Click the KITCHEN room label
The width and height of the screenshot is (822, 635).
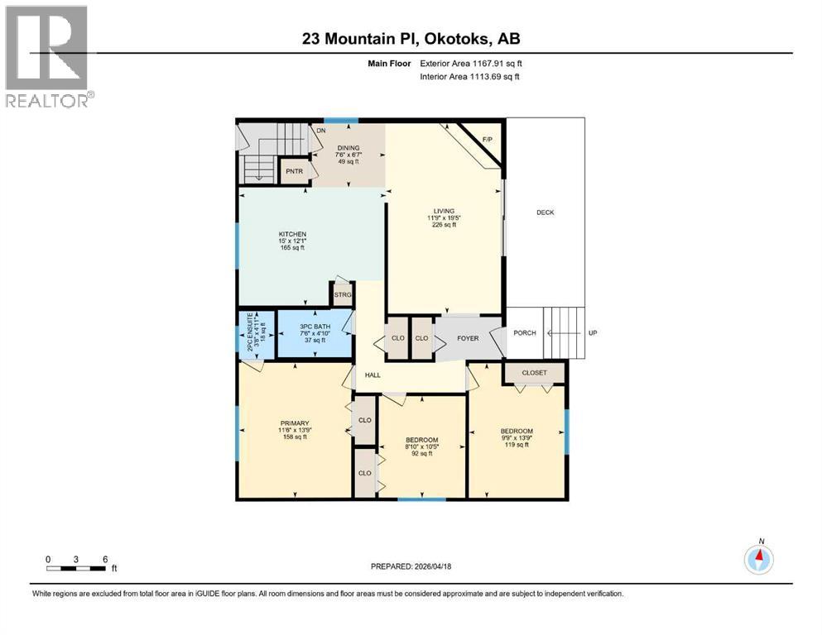click(x=292, y=234)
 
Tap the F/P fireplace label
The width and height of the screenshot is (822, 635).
click(x=488, y=138)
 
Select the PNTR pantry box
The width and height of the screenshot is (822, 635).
click(x=293, y=171)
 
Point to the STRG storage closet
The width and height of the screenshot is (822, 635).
click(x=343, y=294)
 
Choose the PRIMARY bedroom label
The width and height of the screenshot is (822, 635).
click(x=293, y=423)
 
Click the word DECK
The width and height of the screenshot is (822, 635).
click(x=545, y=212)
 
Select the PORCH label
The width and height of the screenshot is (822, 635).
click(x=525, y=333)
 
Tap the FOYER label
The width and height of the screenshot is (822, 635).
click(x=469, y=338)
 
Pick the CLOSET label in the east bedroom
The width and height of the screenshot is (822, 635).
click(x=534, y=373)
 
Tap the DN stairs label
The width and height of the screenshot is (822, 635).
click(x=320, y=131)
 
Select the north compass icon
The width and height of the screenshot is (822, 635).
click(x=758, y=560)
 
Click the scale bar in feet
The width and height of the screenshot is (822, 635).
click(x=76, y=568)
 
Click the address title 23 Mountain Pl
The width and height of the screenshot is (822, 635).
click(x=411, y=38)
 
